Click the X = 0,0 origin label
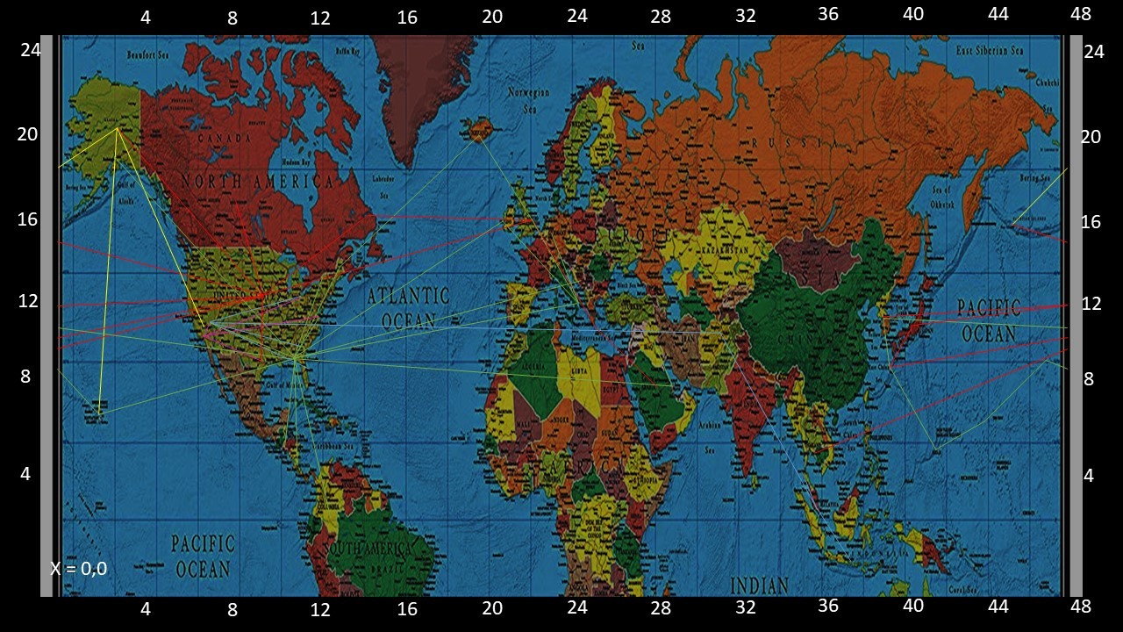(79, 569)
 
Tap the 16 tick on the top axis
(407, 17)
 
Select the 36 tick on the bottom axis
(828, 606)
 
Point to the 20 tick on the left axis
(28, 134)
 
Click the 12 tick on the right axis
(1091, 304)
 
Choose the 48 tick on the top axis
(1081, 14)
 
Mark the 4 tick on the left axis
(25, 474)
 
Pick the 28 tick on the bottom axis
(661, 607)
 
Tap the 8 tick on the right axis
(1089, 379)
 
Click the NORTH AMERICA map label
(258, 182)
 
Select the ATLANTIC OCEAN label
(408, 307)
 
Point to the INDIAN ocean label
(760, 584)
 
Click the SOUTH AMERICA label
(368, 549)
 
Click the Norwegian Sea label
(529, 100)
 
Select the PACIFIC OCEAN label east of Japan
(989, 320)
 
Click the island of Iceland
(479, 132)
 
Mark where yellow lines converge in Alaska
(118, 129)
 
